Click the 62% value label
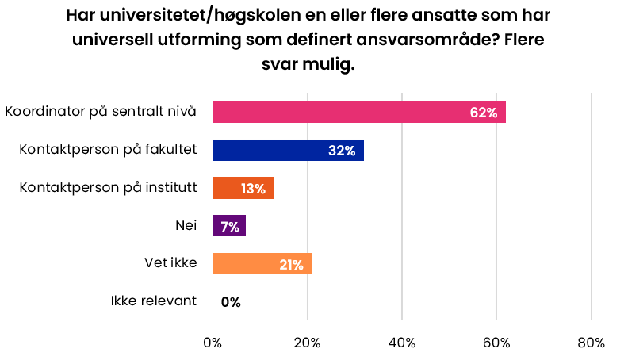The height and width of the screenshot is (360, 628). (483, 113)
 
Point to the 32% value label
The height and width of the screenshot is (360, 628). (342, 151)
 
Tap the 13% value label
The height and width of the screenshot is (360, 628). (252, 189)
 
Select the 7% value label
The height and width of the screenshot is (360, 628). (230, 227)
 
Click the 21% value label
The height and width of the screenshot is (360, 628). (291, 265)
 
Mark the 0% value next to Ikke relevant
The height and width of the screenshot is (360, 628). (231, 302)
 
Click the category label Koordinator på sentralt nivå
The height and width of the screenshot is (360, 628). (100, 111)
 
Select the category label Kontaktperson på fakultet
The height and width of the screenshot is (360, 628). (107, 149)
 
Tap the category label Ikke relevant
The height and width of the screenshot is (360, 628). (153, 301)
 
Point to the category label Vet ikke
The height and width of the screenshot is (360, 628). (170, 263)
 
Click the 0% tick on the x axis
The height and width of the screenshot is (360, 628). (213, 343)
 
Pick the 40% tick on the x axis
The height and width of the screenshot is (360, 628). (402, 343)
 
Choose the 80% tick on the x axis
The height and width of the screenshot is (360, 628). (591, 343)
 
